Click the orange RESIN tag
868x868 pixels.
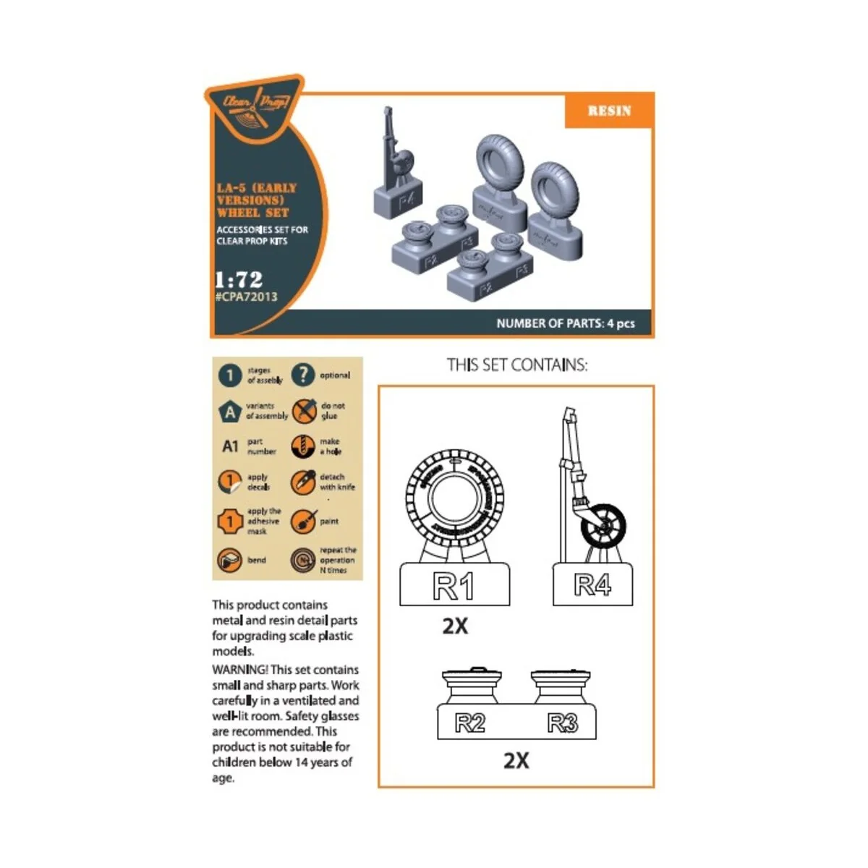(609, 111)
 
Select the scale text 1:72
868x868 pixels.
(239, 279)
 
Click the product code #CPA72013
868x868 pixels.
(246, 297)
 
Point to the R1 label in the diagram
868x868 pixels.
(454, 586)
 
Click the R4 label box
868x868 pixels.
(592, 584)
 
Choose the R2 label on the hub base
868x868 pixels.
(470, 723)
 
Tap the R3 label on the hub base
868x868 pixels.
(563, 723)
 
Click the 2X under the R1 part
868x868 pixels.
(455, 626)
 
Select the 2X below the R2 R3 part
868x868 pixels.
(516, 760)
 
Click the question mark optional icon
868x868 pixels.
(303, 375)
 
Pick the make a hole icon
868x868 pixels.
(303, 446)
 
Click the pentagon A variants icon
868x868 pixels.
(230, 412)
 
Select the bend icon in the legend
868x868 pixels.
(230, 560)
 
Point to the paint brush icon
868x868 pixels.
(303, 522)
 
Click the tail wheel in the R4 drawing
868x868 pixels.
(603, 529)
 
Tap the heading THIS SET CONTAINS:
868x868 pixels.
(517, 365)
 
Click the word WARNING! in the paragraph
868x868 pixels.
(239, 670)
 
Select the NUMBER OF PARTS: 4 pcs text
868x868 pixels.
(565, 323)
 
